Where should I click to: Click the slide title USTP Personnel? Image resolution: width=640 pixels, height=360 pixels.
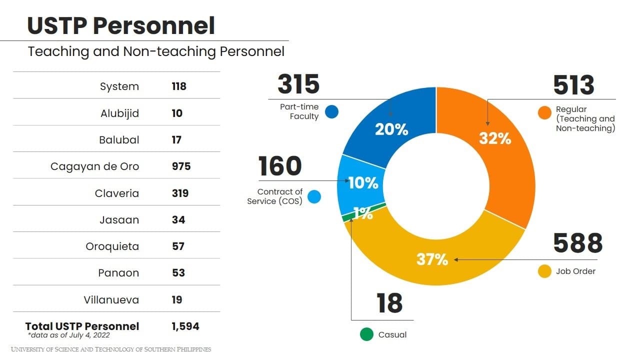[x=121, y=26]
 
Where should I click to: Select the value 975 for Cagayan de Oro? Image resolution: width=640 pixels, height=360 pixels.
[x=181, y=166]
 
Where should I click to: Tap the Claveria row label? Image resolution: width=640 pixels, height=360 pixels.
[x=117, y=193]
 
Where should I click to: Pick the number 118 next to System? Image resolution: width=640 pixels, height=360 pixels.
[x=178, y=86]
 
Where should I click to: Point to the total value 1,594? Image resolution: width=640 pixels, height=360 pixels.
[x=185, y=326]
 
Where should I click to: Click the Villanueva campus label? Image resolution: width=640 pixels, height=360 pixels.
[x=111, y=300]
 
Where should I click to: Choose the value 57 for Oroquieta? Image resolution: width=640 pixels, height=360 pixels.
[x=178, y=246]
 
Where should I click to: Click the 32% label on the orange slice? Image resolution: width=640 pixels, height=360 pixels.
[x=495, y=138]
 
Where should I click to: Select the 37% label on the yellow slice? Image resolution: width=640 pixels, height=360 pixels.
[x=432, y=259]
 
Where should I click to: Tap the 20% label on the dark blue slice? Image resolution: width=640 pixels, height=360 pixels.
[x=391, y=129]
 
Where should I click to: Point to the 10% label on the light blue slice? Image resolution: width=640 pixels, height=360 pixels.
[x=363, y=183]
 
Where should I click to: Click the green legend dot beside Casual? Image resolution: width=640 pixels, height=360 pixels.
[x=366, y=334]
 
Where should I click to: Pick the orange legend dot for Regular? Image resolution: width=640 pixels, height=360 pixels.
[x=544, y=112]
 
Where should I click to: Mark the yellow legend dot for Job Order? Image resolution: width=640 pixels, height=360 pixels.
[x=544, y=271]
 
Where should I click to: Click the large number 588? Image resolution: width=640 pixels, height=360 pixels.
[x=577, y=243]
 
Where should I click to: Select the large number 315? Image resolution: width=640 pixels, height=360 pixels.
[x=298, y=84]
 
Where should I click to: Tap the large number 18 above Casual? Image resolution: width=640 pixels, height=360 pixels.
[x=389, y=303]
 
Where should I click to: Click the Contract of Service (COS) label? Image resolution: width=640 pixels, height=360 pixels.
[x=275, y=196]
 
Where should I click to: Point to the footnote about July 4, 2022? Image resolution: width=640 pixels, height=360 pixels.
[x=69, y=335]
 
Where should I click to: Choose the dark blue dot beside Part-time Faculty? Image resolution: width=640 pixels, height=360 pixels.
[x=331, y=111]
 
